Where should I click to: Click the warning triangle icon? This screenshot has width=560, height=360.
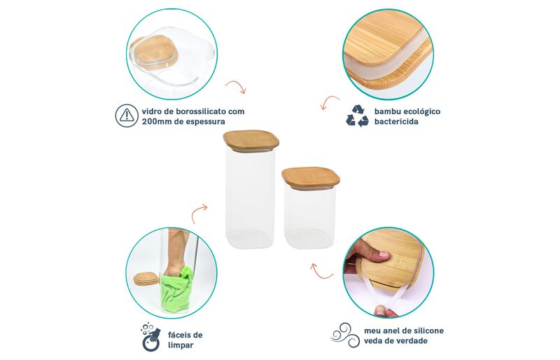[x=127, y=116]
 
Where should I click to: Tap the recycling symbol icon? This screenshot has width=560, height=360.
[x=357, y=116]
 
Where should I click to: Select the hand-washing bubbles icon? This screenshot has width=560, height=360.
[x=150, y=337]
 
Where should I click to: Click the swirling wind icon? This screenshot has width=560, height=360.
[x=344, y=335]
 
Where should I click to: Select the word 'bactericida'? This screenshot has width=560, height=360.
[x=391, y=121]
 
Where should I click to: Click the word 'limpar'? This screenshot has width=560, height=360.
[x=181, y=345]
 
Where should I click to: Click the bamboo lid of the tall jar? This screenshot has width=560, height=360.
[x=251, y=140]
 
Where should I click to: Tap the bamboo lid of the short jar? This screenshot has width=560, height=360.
[x=311, y=176]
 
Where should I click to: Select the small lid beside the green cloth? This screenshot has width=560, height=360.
[x=146, y=279]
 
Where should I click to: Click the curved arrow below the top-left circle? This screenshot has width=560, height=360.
[x=236, y=87]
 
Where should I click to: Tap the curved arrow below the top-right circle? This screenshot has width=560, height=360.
[x=330, y=102]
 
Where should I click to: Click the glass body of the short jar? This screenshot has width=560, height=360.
[x=309, y=216]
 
